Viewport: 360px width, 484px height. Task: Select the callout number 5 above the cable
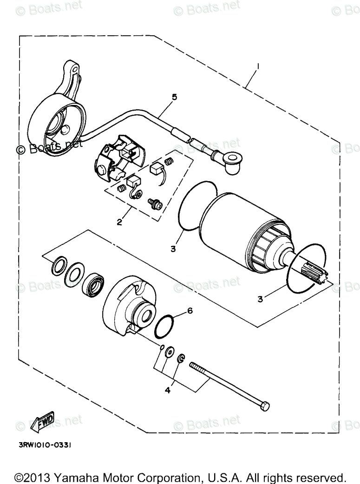pyautogui.click(x=175, y=97)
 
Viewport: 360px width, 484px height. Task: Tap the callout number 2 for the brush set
pyautogui.click(x=119, y=222)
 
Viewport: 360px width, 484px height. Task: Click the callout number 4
pyautogui.click(x=168, y=391)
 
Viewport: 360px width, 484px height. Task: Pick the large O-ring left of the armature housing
pyautogui.click(x=191, y=205)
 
